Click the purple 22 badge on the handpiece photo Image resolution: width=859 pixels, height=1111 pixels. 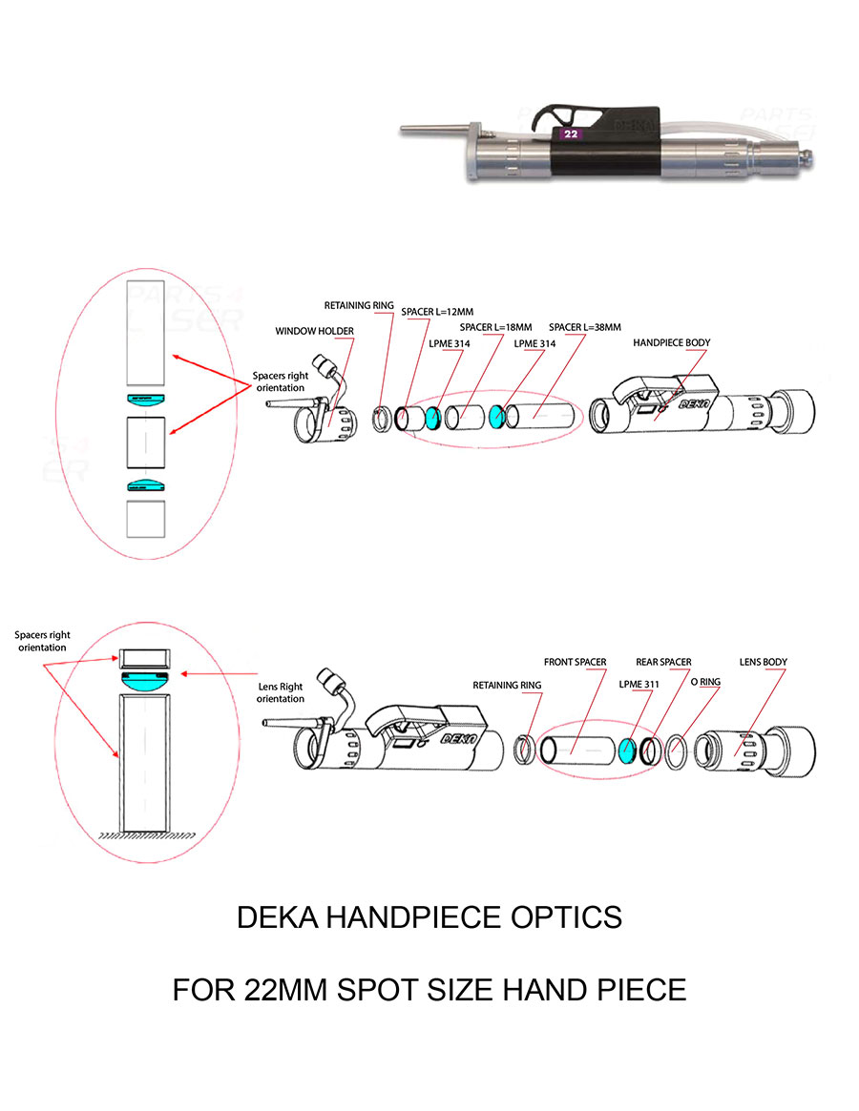(570, 134)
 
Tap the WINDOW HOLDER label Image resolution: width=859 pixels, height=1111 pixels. (314, 331)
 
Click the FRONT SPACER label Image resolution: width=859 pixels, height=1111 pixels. (575, 662)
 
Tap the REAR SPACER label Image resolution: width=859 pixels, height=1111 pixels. (663, 662)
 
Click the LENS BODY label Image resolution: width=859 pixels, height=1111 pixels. (764, 662)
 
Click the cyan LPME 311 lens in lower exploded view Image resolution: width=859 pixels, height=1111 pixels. (627, 751)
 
